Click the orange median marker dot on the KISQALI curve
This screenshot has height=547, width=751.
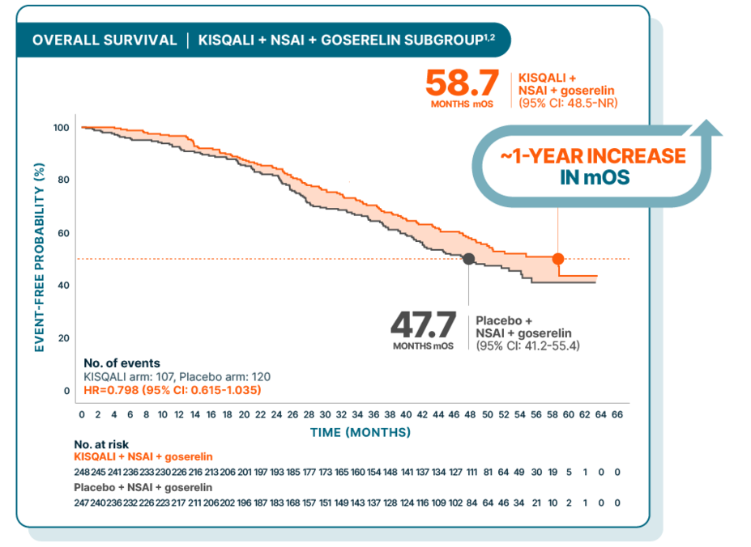(x=557, y=259)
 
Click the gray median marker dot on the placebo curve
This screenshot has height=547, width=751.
(x=468, y=259)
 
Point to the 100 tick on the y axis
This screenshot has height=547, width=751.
(x=61, y=128)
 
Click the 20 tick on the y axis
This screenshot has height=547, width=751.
(x=64, y=338)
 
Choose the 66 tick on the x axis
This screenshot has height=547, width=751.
(x=617, y=414)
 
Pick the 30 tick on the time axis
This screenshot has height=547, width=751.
(x=325, y=414)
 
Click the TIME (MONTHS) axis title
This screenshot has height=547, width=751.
(x=361, y=433)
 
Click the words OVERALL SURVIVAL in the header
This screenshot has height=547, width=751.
(x=105, y=40)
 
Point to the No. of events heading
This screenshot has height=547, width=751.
(x=122, y=363)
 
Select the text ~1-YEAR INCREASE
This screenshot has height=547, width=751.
(x=593, y=156)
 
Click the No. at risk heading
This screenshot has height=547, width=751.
(x=101, y=444)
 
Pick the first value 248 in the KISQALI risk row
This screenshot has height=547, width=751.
(x=82, y=472)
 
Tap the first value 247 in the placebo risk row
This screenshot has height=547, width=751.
(x=82, y=502)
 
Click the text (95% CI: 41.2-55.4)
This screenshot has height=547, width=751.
(x=527, y=346)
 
